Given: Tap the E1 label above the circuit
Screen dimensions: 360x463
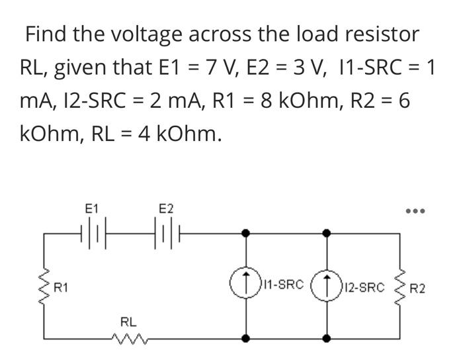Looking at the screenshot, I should pyautogui.click(x=92, y=208).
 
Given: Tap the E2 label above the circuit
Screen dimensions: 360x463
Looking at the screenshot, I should pyautogui.click(x=166, y=208).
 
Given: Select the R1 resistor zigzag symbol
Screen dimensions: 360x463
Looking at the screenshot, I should pyautogui.click(x=46, y=285).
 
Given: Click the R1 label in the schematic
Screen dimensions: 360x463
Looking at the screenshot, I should pyautogui.click(x=62, y=288).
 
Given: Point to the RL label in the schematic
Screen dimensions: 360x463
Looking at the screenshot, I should pyautogui.click(x=128, y=322).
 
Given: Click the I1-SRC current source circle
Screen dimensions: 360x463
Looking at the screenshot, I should pyautogui.click(x=245, y=285).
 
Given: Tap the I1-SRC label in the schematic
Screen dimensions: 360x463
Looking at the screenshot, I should pyautogui.click(x=284, y=286).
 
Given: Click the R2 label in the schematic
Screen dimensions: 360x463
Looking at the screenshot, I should pyautogui.click(x=418, y=289).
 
